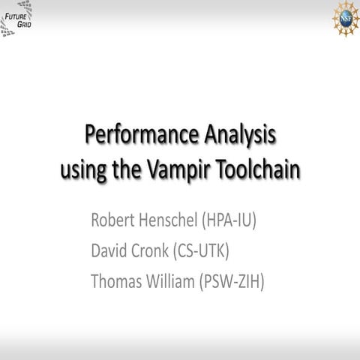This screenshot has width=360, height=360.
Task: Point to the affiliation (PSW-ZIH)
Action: pos(238,281)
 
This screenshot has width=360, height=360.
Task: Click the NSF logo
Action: pos(346,15)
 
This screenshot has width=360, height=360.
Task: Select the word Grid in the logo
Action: pos(25,23)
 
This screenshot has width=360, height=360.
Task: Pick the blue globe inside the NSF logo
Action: pos(346,15)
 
